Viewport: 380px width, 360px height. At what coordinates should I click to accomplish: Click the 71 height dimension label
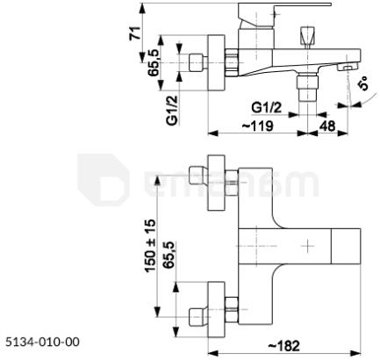click(x=135, y=33)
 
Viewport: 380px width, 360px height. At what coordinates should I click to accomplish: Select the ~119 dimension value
click(x=257, y=126)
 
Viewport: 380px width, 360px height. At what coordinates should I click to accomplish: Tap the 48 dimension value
click(x=327, y=126)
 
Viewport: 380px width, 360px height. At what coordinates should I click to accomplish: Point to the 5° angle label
click(x=363, y=83)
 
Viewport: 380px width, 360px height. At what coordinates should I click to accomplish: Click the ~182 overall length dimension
click(x=283, y=346)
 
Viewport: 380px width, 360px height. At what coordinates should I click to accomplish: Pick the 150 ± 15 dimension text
click(x=150, y=245)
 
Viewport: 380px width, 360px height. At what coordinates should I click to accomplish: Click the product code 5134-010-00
click(x=42, y=342)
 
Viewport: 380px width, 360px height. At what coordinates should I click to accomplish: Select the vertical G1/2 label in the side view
click(x=172, y=111)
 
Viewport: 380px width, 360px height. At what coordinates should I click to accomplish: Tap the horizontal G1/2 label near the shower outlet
click(x=266, y=108)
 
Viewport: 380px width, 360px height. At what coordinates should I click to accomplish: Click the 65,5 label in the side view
click(x=154, y=62)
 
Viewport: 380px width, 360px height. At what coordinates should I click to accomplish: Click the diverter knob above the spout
click(x=307, y=37)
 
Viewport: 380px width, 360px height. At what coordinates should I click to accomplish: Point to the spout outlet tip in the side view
click(x=348, y=68)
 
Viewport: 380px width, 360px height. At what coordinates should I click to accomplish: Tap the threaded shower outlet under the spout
click(x=307, y=87)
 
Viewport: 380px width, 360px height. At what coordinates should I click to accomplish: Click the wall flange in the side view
click(x=217, y=63)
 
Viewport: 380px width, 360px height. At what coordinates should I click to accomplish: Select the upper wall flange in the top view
click(x=216, y=183)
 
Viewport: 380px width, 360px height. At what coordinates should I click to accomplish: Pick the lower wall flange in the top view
click(x=216, y=309)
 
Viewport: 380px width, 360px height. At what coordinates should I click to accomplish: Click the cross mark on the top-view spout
click(x=307, y=246)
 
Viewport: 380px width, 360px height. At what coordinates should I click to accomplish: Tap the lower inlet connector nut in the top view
click(x=232, y=309)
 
